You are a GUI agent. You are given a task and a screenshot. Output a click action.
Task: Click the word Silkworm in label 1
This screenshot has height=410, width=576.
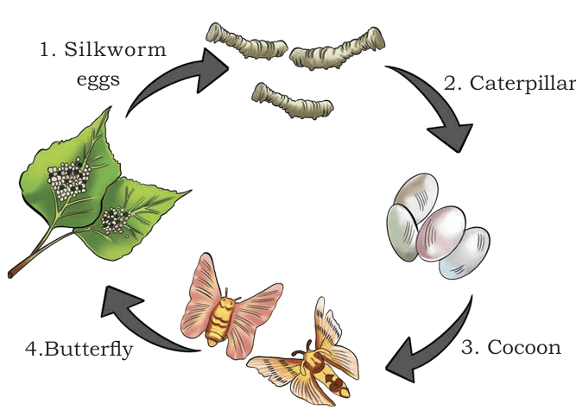point(115,49)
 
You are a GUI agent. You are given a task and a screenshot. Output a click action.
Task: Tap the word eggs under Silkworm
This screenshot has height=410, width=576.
point(98,80)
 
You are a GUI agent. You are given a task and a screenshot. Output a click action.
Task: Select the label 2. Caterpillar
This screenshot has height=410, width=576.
point(510,84)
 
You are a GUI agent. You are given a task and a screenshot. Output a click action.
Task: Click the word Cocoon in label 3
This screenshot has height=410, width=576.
point(524,347)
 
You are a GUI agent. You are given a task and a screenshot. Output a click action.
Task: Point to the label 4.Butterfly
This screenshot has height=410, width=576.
point(79,349)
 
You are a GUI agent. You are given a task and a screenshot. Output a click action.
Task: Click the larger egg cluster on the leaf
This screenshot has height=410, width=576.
point(69,179)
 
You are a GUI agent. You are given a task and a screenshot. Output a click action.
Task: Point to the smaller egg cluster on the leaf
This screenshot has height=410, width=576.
point(116,220)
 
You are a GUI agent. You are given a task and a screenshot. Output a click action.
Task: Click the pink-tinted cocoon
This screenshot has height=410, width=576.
point(440,234)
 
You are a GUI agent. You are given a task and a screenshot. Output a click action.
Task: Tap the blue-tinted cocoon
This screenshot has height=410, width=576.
point(465,253)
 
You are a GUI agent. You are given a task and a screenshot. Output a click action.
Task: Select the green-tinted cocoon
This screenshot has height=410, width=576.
point(402,233)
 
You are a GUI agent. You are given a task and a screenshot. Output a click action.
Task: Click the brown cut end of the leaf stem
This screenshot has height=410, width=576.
point(11,274)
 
